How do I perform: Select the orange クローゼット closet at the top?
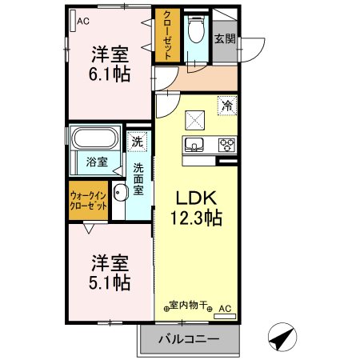click(168, 36)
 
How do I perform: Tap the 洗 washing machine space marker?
click(138, 140)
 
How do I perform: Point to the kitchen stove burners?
click(226, 146)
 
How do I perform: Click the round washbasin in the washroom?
click(121, 192)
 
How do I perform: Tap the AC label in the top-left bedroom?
click(82, 22)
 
